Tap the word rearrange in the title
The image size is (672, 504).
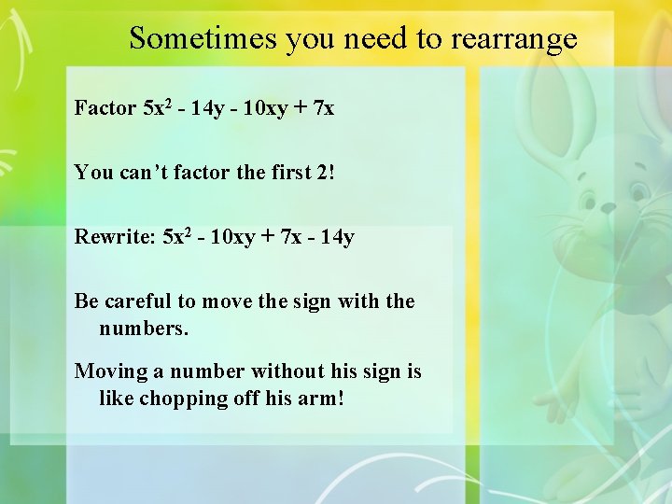click(x=514, y=38)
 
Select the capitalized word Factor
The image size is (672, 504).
click(x=105, y=108)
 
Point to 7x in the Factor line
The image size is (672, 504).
click(x=324, y=108)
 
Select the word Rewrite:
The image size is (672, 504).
click(x=115, y=237)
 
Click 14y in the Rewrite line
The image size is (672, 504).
click(x=337, y=237)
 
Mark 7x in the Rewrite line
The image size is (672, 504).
click(x=291, y=237)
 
